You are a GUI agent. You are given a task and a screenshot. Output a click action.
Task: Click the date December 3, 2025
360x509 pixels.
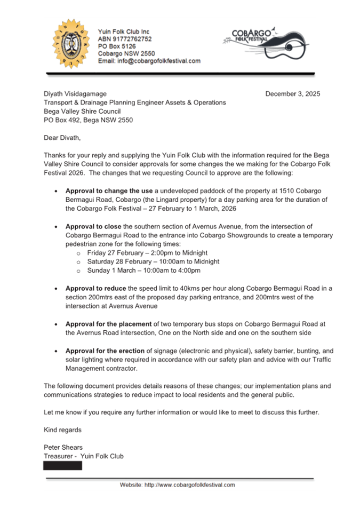[293, 94]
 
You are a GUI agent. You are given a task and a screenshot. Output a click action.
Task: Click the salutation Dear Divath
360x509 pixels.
[62, 138]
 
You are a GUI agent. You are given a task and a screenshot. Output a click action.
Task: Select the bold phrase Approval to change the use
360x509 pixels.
[109, 190]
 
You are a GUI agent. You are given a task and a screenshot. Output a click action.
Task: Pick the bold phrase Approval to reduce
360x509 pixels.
[95, 288]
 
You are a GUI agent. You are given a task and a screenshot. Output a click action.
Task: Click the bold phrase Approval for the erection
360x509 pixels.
[105, 351]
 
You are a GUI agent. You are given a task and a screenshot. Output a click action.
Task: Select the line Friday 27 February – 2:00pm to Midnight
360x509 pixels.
[147, 252]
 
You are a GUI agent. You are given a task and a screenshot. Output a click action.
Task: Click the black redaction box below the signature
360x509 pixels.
[63, 465]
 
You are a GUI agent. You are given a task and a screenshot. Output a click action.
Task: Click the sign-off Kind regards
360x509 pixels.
[62, 430]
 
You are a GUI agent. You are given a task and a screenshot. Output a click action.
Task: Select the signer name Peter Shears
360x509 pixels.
[63, 447]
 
